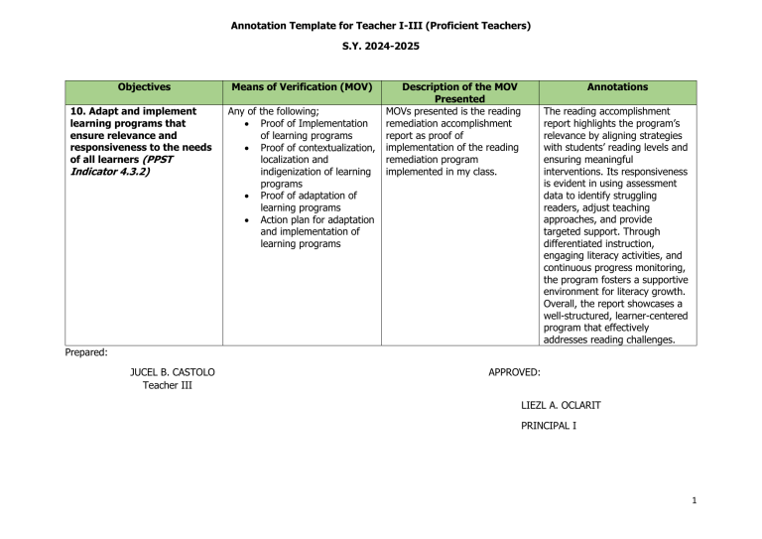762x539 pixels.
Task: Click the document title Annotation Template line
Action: tap(380, 23)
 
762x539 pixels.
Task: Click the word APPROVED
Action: tap(515, 372)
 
